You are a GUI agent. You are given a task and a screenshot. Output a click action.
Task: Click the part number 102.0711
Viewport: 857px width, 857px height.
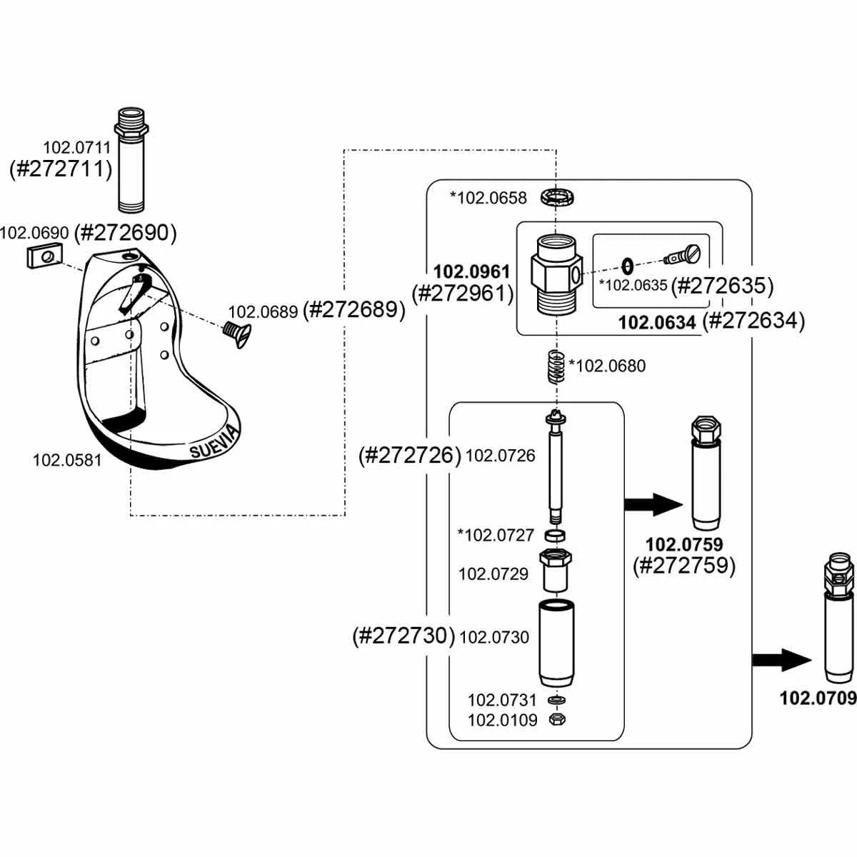coord(77,148)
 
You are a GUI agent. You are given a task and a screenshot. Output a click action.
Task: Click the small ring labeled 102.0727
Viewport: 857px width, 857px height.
coord(556,535)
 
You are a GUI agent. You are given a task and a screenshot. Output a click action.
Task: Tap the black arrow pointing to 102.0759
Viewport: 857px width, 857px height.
coord(654,505)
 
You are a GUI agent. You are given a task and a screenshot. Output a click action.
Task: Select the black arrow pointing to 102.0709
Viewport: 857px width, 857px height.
coord(782,659)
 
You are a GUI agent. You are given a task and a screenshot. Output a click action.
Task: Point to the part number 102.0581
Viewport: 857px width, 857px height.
coord(67,461)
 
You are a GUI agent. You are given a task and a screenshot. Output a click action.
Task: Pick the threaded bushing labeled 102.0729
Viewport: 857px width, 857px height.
coord(556,571)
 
